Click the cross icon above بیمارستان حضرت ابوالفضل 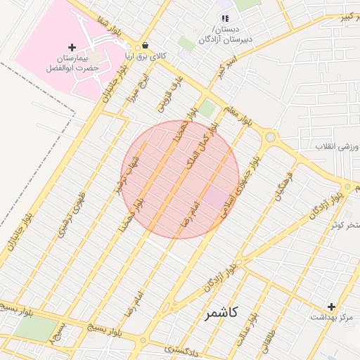coord(72,47)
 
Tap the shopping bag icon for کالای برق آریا coord(145,44)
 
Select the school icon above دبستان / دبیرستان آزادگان coord(224,19)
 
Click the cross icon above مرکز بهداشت coord(332,307)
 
